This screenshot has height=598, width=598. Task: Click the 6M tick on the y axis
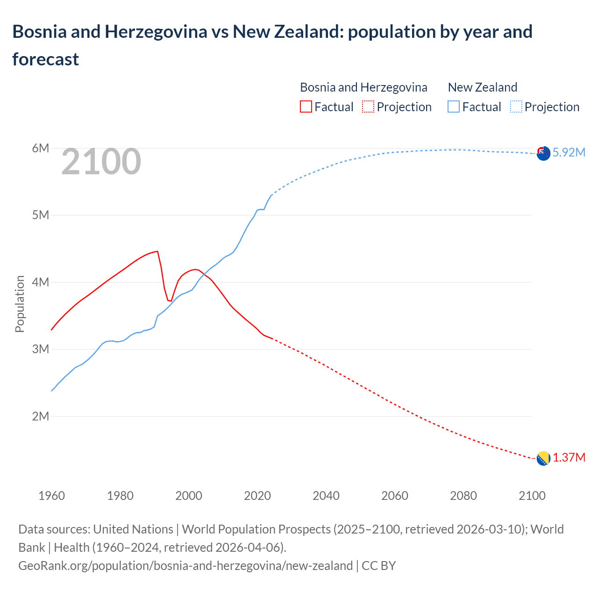40,149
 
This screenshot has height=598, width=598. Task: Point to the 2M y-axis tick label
40,416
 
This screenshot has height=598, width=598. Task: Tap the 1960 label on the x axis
51,496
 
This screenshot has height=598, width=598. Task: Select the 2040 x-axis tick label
326,496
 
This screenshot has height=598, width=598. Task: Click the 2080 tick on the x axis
463,496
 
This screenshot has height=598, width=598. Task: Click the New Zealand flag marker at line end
543,153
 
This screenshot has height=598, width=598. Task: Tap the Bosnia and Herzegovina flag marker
543,458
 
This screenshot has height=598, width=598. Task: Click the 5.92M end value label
569,153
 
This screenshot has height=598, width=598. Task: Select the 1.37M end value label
569,457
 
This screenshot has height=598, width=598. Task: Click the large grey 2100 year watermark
101,162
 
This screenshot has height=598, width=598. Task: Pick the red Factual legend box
306,107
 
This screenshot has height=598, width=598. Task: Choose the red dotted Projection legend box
368,107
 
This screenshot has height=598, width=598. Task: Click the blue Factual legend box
454,107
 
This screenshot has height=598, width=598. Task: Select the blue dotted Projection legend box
516,107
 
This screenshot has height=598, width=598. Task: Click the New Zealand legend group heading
482,87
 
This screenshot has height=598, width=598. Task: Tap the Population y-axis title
20,304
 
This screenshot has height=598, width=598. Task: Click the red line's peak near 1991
157,251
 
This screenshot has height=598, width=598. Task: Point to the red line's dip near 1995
171,300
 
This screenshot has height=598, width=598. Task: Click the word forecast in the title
46,59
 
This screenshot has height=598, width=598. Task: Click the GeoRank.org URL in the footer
185,566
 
